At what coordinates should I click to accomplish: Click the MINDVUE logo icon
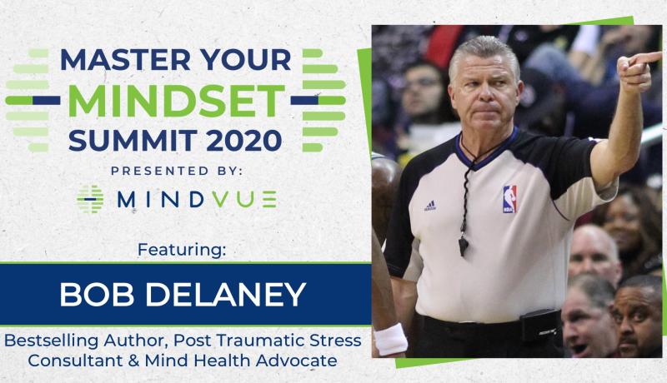coord(90,199)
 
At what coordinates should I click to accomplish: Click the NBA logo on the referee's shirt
coord(509,199)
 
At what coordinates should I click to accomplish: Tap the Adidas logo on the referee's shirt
coord(429,206)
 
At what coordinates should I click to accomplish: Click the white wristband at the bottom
coord(390,338)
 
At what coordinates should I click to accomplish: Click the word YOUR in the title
coord(247,61)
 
